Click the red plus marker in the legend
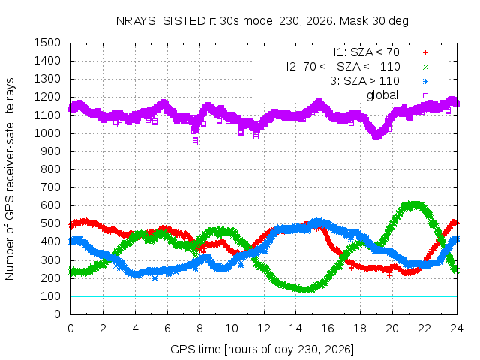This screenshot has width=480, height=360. coord(425,53)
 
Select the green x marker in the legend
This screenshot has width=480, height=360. coord(425,67)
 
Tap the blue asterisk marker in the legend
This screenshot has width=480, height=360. coord(425,82)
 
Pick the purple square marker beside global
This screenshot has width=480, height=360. coord(425,95)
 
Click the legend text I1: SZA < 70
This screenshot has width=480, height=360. coord(367,52)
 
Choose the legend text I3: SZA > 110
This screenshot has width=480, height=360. coord(363,81)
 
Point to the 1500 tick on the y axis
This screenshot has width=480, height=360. coord(47,43)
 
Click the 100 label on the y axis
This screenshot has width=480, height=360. coord(50,296)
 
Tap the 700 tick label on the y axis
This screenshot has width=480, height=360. coord(50,187)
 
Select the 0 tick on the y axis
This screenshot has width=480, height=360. coord(58,314)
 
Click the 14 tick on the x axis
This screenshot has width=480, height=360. coord(295,328)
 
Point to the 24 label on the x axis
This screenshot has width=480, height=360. coord(457,328)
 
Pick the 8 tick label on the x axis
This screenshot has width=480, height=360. coord(199,328)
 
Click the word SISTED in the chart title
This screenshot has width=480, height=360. coord(184,21)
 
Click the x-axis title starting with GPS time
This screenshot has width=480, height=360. coord(262,349)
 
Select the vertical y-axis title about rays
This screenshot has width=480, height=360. coord(10,178)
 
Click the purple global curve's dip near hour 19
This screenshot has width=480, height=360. coord(376,136)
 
